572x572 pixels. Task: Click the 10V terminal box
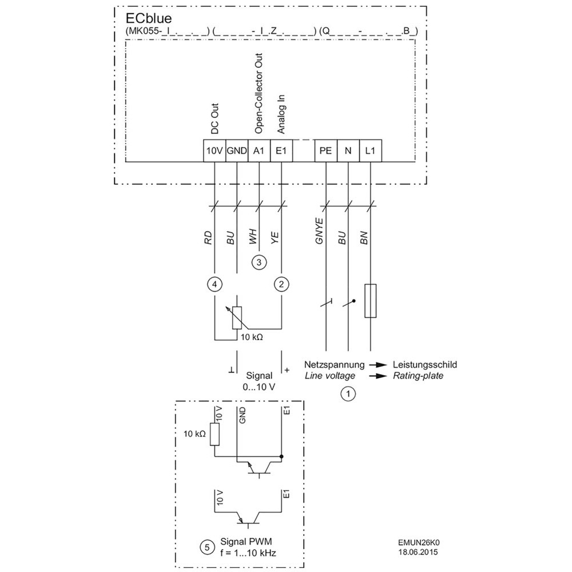[x=214, y=150]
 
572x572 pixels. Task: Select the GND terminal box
[x=236, y=150]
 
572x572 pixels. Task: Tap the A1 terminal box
[x=259, y=150]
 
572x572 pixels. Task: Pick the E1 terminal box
[x=281, y=150]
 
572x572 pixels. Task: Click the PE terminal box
[x=325, y=150]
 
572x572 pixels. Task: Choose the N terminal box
[x=348, y=150]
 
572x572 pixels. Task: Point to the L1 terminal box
[x=370, y=150]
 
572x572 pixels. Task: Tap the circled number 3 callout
[x=259, y=263]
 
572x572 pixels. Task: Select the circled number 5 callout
[x=204, y=547]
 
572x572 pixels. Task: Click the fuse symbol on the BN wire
[x=370, y=300]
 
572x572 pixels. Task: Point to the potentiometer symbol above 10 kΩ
[x=237, y=318]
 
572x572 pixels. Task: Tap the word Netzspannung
[x=334, y=364]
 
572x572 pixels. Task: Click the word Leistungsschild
[x=424, y=364]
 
